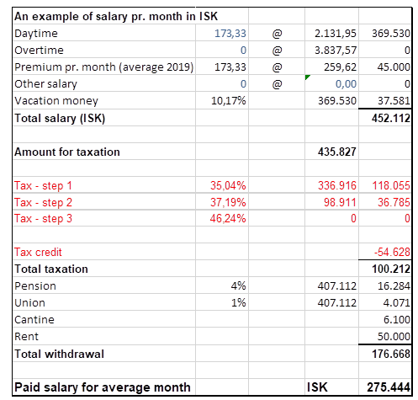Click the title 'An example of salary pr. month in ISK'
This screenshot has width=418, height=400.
click(116, 16)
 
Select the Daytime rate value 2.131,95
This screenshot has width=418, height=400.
click(336, 34)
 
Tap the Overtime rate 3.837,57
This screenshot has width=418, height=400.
click(336, 51)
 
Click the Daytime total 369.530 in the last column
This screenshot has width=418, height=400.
click(391, 34)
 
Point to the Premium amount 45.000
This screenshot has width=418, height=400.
click(394, 67)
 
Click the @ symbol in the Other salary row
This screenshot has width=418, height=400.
click(277, 84)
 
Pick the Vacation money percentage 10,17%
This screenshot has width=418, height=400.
click(229, 100)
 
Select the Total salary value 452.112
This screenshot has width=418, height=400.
click(391, 118)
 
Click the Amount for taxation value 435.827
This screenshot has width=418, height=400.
click(337, 152)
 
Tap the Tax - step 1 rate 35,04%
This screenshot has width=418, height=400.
click(228, 185)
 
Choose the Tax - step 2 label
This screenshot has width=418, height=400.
click(43, 202)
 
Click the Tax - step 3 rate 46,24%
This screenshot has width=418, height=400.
click(228, 218)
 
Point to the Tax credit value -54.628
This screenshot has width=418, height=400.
click(392, 252)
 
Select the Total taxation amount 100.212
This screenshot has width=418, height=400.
click(391, 269)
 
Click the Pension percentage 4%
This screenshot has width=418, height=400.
click(238, 285)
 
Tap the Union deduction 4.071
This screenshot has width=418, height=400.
click(396, 302)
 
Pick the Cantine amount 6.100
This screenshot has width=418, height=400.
click(397, 319)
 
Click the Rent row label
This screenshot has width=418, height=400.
click(26, 336)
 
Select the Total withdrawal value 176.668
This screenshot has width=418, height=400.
click(391, 354)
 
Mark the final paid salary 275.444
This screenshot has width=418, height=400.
click(389, 387)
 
